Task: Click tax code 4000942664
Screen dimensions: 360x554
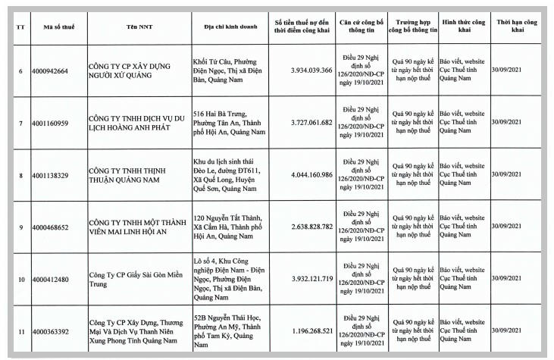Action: pos(50,70)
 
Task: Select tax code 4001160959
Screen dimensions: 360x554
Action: pos(50,123)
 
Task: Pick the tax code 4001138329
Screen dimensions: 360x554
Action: pos(50,175)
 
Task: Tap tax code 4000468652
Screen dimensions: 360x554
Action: pos(50,227)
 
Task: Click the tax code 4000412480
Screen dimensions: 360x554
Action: pos(50,279)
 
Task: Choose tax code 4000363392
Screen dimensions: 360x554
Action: pos(50,331)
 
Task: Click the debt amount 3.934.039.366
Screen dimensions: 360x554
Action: pos(311,70)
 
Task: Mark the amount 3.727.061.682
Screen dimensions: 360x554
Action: pos(311,122)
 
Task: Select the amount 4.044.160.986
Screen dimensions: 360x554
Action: pos(311,174)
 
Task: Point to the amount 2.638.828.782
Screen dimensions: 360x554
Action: pos(311,226)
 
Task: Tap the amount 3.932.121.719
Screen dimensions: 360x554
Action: pos(311,278)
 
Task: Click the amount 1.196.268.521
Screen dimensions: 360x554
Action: pos(311,330)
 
